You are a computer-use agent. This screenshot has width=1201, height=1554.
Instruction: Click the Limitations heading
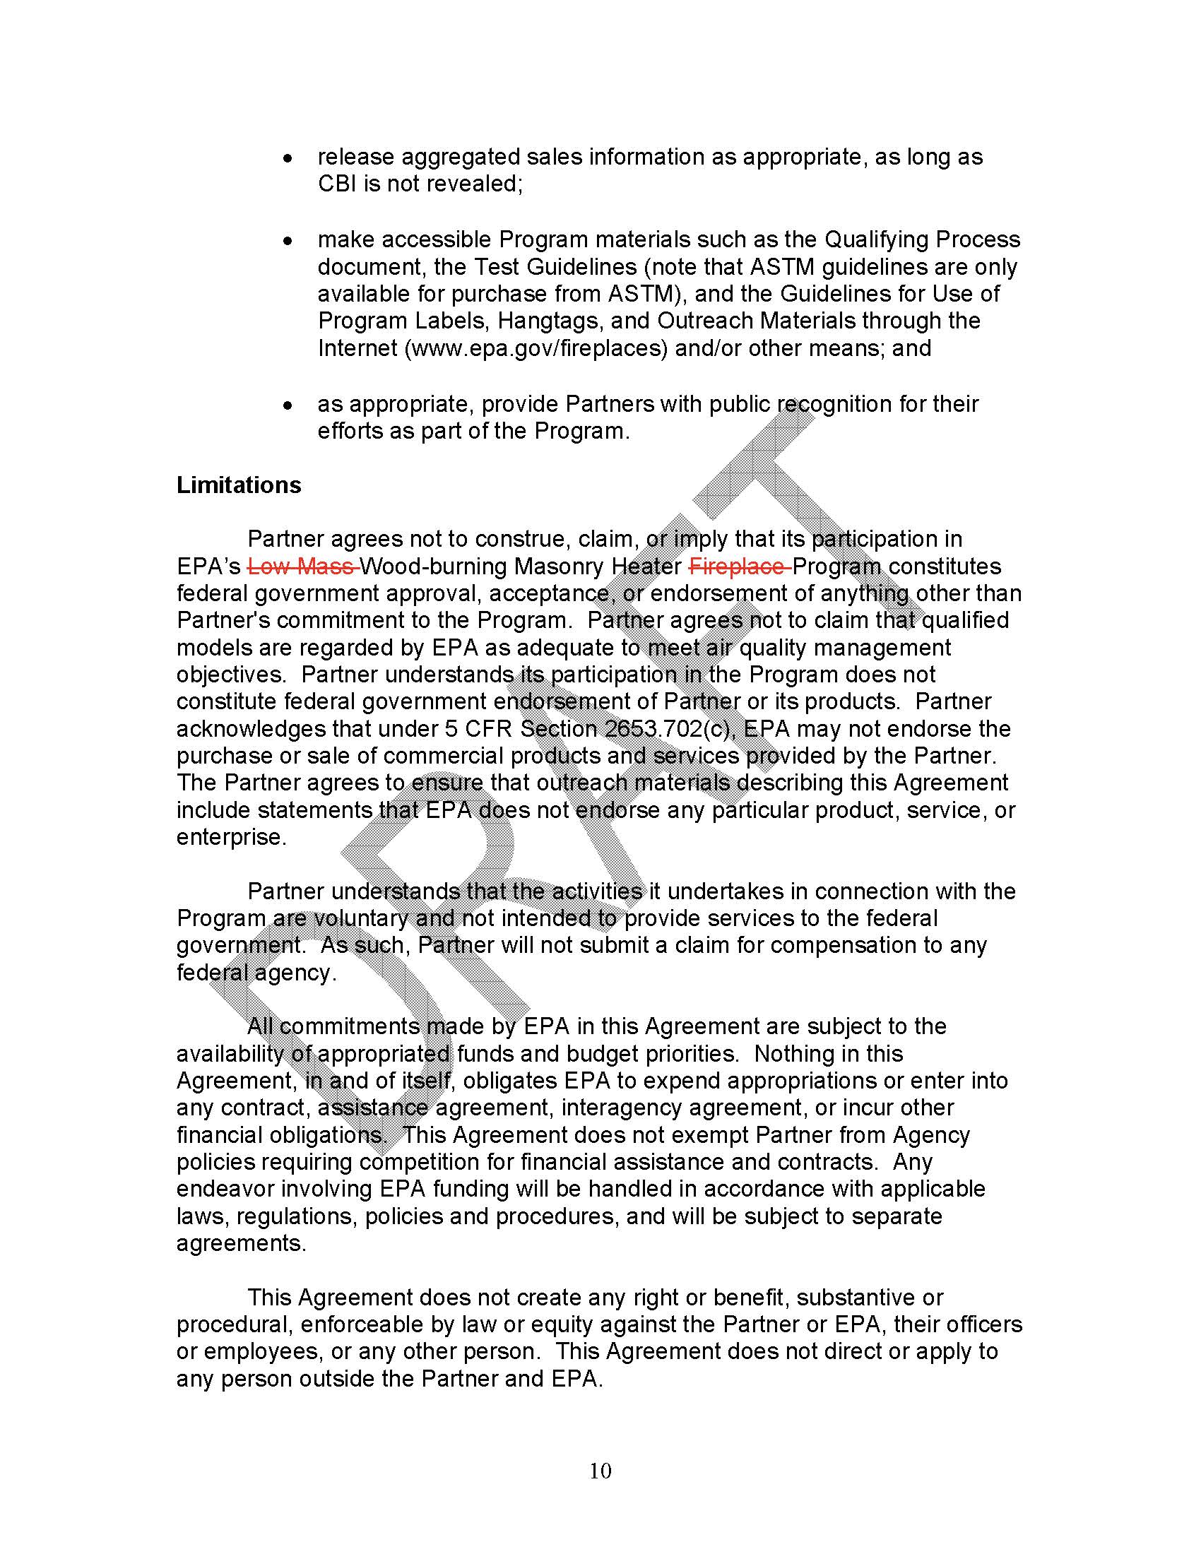click(238, 485)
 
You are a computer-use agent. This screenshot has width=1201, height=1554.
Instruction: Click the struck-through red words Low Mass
click(302, 567)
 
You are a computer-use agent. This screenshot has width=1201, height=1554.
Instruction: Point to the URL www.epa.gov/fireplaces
click(536, 349)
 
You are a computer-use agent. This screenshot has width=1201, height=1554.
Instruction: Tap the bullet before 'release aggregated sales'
click(288, 159)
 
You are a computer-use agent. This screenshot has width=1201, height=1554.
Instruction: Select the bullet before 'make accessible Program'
click(288, 241)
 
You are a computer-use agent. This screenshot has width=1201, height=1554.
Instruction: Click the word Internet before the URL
click(357, 349)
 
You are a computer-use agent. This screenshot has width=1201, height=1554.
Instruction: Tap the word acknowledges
click(252, 729)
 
